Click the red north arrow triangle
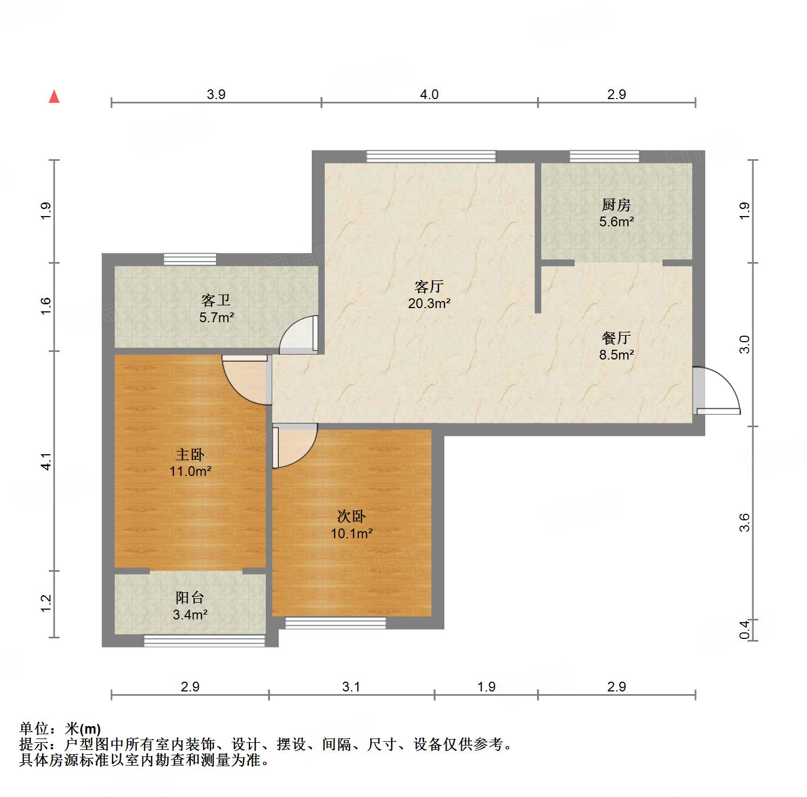click(x=54, y=96)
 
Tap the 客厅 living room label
click(x=429, y=286)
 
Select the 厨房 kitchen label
click(x=616, y=205)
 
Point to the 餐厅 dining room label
click(x=616, y=338)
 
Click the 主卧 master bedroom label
click(x=190, y=454)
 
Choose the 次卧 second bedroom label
click(x=351, y=517)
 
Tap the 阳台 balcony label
click(x=190, y=598)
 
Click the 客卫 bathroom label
click(x=216, y=300)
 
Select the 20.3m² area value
click(x=429, y=303)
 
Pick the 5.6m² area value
click(x=616, y=221)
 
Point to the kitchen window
click(x=605, y=156)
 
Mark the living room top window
click(x=431, y=156)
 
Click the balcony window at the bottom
click(x=204, y=641)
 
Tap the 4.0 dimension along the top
click(x=429, y=94)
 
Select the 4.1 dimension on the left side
click(x=47, y=461)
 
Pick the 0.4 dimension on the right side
click(x=745, y=630)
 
